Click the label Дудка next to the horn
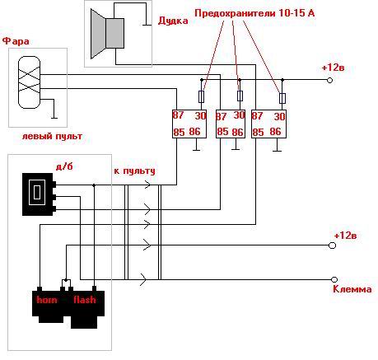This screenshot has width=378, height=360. (x=173, y=21)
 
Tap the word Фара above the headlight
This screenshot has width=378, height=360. (x=16, y=41)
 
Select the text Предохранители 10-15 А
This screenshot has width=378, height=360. (x=254, y=13)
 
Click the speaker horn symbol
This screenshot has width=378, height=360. (x=107, y=33)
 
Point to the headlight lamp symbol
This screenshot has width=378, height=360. (x=29, y=82)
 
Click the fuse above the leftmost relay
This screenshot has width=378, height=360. (x=201, y=96)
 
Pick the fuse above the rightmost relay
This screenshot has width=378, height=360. (x=282, y=98)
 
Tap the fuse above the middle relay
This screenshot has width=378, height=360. (x=240, y=96)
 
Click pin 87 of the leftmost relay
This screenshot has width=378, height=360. (x=178, y=115)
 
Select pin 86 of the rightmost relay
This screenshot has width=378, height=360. (x=275, y=131)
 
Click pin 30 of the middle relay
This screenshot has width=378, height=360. (x=239, y=115)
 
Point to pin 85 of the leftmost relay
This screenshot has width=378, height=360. (x=179, y=132)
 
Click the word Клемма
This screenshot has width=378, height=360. (x=352, y=289)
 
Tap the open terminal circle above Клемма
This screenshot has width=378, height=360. (x=334, y=279)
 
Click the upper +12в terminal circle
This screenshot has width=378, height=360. (x=330, y=80)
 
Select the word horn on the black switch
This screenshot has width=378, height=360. (x=47, y=299)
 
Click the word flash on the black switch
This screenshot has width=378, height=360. (x=85, y=299)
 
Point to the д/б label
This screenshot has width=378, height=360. (x=64, y=166)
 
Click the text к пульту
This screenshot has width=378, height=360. (x=134, y=171)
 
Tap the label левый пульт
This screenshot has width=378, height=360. (x=52, y=136)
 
